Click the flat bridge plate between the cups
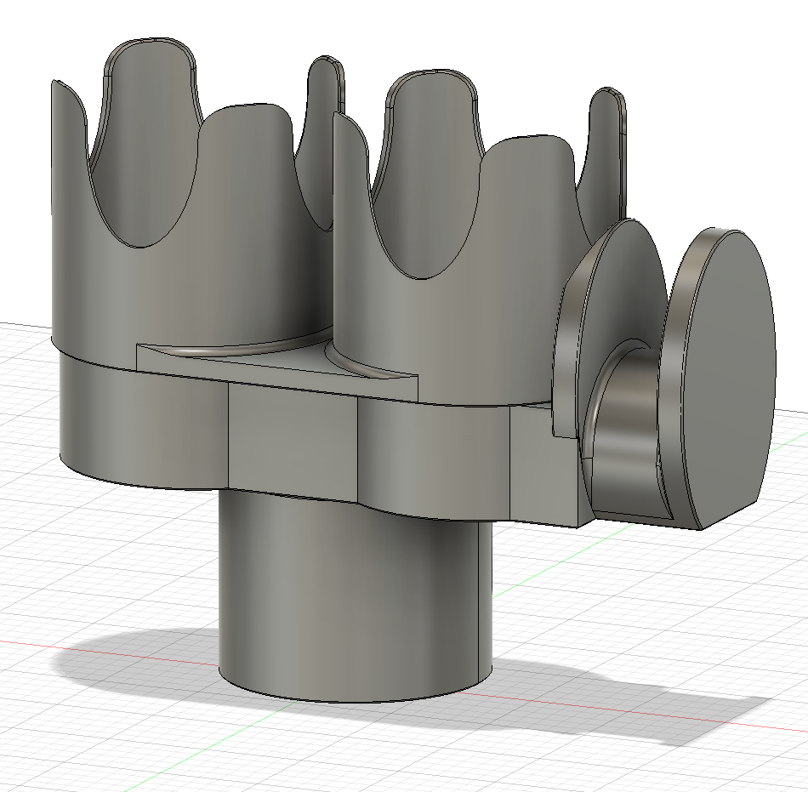281,366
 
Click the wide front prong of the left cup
247,213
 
